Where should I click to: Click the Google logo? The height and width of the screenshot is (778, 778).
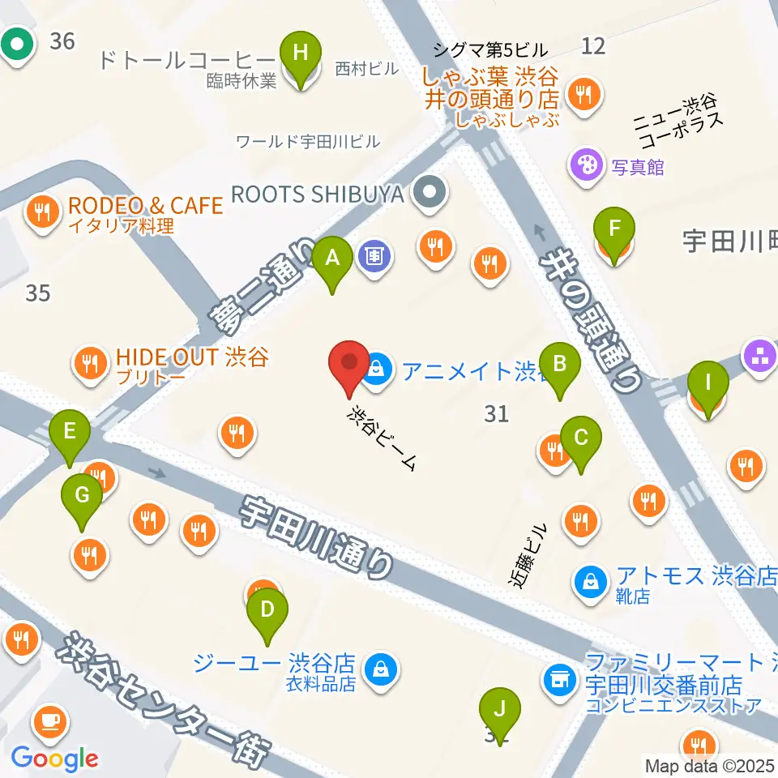(54, 758)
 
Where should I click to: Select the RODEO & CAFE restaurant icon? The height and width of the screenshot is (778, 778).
(41, 213)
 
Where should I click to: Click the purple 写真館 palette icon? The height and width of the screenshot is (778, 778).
(583, 167)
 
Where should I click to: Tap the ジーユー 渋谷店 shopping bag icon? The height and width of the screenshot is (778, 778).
(378, 669)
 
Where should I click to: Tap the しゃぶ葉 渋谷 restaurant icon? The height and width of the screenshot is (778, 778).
(581, 95)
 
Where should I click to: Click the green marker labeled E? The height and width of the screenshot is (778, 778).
(70, 436)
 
